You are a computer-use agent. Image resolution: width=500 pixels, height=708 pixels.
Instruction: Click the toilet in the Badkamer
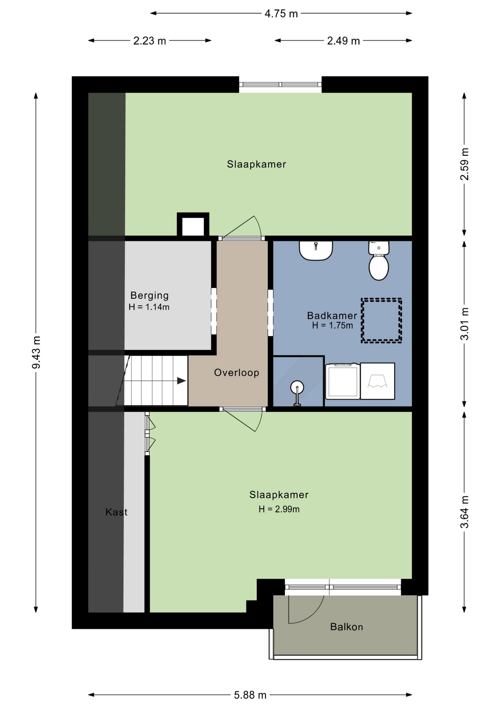[x=379, y=261]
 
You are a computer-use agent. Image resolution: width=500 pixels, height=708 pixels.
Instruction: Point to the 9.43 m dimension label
[x=36, y=352]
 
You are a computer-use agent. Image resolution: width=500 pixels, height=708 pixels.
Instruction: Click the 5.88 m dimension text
[x=250, y=695]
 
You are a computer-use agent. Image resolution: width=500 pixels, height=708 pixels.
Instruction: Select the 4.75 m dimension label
[x=281, y=14]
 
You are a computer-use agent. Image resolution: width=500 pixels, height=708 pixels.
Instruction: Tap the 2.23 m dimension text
[x=150, y=41]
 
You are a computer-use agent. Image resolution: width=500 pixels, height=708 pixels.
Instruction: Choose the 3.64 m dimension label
[x=465, y=512]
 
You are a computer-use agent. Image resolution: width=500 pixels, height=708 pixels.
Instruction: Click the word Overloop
[x=237, y=372]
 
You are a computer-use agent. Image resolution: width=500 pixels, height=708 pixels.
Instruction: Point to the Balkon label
[x=346, y=627]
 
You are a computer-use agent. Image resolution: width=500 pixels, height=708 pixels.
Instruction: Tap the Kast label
[x=116, y=512]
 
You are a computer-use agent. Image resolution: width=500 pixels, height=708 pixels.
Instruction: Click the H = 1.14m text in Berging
[x=149, y=307]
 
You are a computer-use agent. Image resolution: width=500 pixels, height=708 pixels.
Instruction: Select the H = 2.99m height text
[x=279, y=509]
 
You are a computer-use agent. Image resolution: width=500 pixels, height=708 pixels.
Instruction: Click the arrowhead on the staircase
[x=182, y=381]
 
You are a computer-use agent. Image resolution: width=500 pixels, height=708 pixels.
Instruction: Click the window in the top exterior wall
[x=281, y=84]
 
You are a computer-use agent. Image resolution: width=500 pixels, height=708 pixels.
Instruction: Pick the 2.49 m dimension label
[x=344, y=41]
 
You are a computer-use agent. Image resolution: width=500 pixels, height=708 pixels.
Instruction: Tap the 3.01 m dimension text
[x=465, y=324]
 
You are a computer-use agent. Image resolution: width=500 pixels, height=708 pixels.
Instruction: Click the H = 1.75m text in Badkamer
[x=332, y=325]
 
